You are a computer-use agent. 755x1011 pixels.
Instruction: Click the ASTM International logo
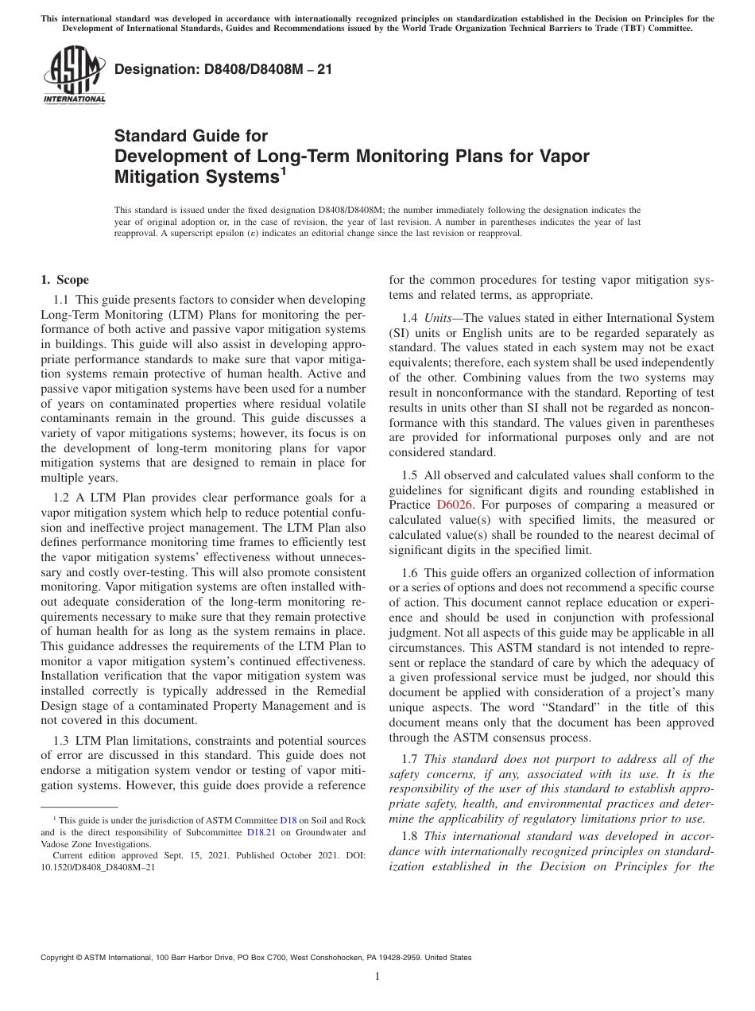73,76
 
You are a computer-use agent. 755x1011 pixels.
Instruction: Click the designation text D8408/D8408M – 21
223,69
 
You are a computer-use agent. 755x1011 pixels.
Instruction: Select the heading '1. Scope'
64,280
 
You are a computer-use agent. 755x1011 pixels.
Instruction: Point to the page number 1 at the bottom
377,977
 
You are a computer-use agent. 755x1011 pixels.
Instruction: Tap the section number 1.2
62,497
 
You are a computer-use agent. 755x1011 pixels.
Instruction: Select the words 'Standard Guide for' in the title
191,136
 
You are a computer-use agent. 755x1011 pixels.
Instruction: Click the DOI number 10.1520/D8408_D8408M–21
98,867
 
